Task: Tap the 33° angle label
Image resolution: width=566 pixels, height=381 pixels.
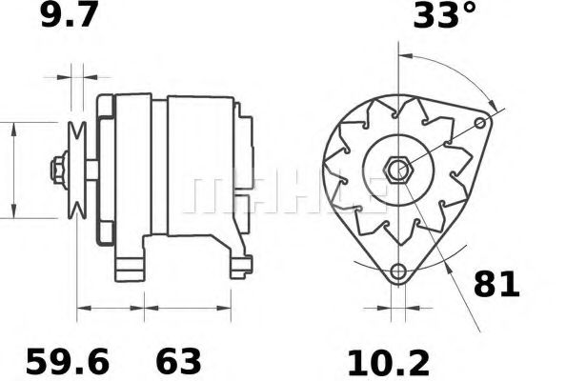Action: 445,16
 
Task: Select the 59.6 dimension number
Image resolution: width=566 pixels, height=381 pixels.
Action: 68,362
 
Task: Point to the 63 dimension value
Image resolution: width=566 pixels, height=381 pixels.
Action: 178,362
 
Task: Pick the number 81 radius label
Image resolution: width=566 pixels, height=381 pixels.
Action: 496,284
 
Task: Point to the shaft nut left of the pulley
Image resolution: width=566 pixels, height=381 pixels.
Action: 58,170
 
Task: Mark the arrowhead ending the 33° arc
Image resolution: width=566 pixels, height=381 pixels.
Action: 493,103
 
